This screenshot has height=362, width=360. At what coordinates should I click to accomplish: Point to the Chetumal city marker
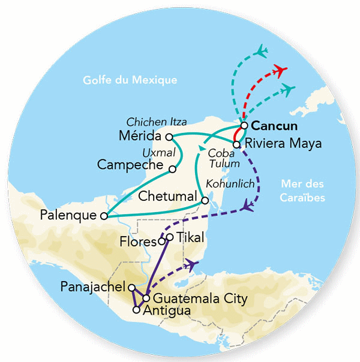205,201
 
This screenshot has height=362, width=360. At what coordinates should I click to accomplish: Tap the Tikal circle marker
170,238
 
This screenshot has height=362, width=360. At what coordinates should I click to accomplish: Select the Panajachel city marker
132,288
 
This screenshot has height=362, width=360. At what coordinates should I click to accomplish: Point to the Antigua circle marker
137,310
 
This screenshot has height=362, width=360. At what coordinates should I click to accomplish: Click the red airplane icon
278,70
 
